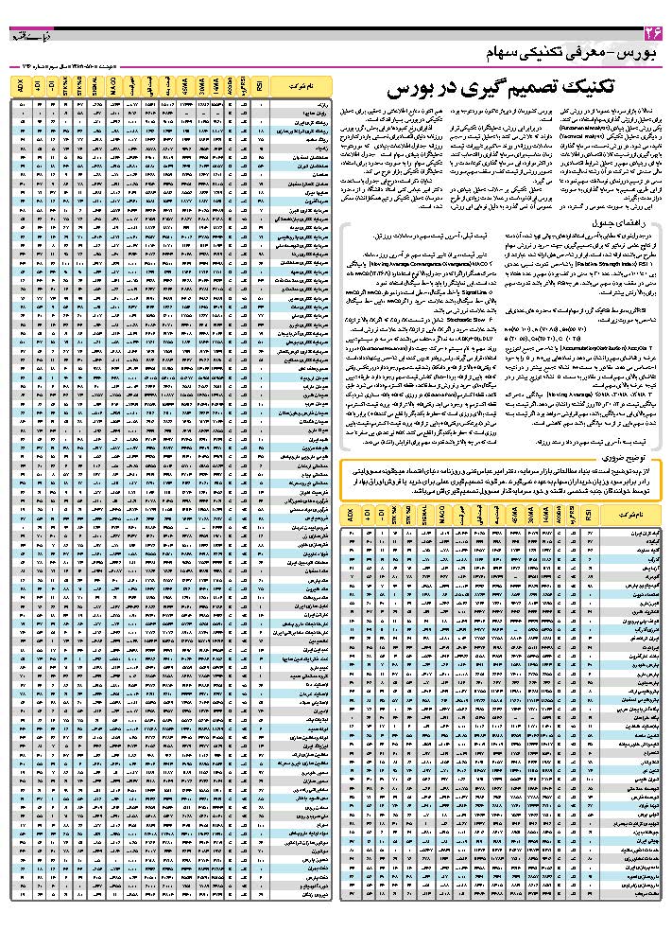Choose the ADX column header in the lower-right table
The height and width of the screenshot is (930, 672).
coord(351,516)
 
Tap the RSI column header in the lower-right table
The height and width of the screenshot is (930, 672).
coord(586,516)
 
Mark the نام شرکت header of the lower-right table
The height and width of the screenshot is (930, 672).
coord(629,516)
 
